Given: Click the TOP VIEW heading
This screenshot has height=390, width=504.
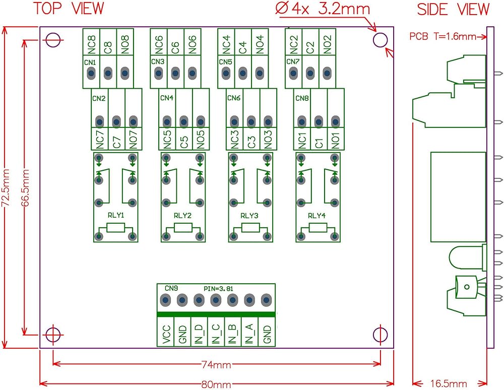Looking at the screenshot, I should (69, 9).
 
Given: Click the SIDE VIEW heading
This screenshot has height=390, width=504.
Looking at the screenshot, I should (453, 9).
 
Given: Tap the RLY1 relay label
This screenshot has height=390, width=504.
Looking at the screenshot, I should (116, 215).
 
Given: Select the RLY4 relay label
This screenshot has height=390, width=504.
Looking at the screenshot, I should (317, 215).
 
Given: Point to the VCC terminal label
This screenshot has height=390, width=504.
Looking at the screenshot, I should (166, 334).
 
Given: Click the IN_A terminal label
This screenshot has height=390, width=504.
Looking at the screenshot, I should (249, 334).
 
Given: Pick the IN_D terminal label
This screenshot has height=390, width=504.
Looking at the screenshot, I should (199, 334).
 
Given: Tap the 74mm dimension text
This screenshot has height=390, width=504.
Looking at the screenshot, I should (217, 364).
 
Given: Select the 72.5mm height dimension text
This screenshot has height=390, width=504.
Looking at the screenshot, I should (7, 187).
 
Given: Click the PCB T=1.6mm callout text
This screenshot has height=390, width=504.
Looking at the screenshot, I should (443, 36).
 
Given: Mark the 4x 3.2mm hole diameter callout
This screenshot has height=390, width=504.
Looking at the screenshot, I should (323, 9).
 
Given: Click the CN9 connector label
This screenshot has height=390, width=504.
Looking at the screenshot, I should (171, 288).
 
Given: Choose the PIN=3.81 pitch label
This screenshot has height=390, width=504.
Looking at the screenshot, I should (221, 288).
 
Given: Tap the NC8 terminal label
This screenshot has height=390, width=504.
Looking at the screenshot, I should (92, 44).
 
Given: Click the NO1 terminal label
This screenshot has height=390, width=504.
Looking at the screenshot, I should (336, 139).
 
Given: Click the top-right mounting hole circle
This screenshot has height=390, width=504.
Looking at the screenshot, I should (380, 40).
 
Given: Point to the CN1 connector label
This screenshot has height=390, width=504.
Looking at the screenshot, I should (90, 61).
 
